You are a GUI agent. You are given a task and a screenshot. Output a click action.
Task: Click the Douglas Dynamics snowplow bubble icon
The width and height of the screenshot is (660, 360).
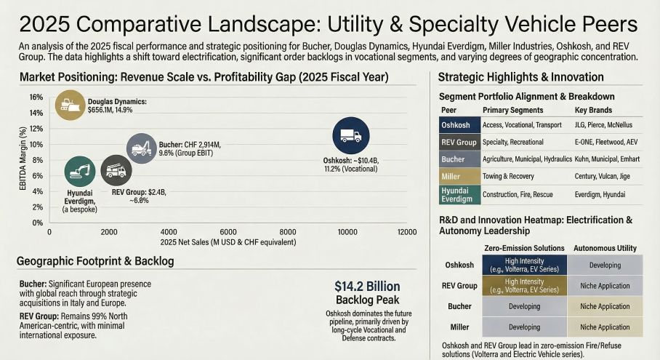(71, 104)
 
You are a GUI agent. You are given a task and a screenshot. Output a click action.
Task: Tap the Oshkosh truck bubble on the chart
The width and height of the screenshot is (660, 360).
(351, 135)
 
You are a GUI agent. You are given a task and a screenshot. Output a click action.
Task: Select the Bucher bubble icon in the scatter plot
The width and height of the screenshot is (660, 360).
(141, 149)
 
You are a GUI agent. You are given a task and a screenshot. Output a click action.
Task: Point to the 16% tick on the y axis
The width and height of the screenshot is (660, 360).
(36, 97)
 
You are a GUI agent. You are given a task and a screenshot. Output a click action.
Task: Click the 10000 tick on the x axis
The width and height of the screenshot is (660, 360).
(347, 232)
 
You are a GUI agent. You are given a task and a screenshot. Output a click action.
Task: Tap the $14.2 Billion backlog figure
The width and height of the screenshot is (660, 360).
(367, 286)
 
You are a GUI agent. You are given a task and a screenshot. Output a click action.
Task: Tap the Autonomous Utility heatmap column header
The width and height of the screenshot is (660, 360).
(605, 249)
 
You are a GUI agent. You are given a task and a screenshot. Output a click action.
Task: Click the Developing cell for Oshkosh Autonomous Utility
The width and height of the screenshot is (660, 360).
(605, 265)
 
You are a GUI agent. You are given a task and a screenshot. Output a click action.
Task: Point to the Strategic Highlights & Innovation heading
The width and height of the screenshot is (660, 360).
(521, 77)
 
